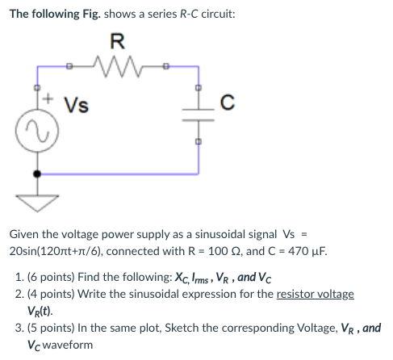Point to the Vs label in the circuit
[77, 104]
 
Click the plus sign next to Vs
[49, 100]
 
